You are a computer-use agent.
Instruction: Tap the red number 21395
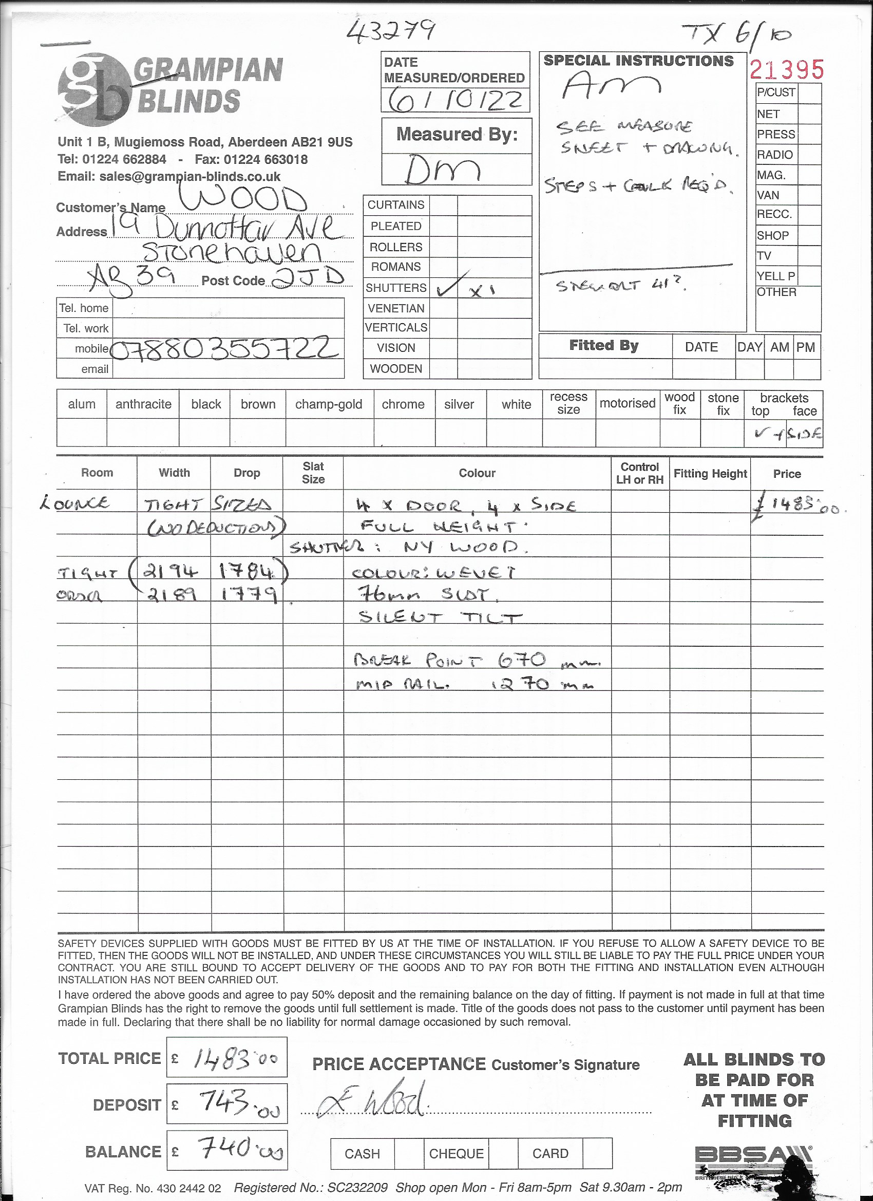click(x=787, y=70)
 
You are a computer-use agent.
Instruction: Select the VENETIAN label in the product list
click(x=396, y=308)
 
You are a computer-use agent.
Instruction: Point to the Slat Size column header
click(x=313, y=473)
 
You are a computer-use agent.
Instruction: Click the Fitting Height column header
click(x=710, y=474)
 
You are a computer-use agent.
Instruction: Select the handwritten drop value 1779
click(x=249, y=595)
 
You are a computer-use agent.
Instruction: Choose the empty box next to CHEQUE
click(x=502, y=1153)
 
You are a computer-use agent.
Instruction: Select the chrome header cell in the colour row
click(x=403, y=404)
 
